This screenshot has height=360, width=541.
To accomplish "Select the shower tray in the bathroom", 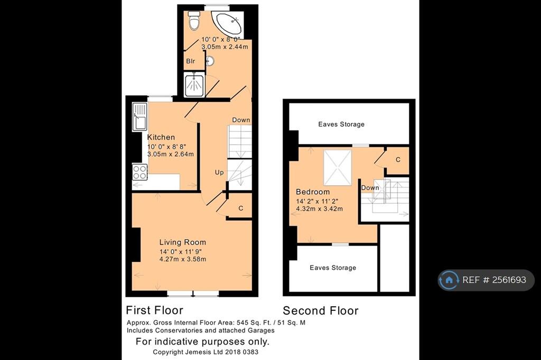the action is (194, 85).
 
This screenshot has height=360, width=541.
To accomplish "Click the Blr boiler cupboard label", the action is (190, 61).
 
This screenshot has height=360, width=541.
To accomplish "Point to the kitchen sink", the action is (139, 117).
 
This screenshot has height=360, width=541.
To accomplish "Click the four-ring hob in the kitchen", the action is (139, 172).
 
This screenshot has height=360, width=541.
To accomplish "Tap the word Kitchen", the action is (161, 137).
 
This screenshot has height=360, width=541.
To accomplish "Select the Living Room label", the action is (182, 242).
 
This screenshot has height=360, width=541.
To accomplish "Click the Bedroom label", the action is (313, 192).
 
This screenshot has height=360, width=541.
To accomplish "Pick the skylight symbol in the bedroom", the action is (338, 167).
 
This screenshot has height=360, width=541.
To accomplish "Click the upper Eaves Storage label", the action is (341, 125).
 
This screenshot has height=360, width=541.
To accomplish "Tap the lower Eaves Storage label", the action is (333, 268).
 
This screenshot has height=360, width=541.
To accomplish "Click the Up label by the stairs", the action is (219, 173).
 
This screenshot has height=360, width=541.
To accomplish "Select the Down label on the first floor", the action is (241, 120).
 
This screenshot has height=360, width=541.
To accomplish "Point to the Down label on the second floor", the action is (370, 188).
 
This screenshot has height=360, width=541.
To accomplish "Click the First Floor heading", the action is (154, 310).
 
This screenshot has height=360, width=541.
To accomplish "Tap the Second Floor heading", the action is (321, 311).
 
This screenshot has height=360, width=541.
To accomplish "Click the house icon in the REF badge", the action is (449, 280).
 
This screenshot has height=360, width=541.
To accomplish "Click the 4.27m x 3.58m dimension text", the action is (182, 259).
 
